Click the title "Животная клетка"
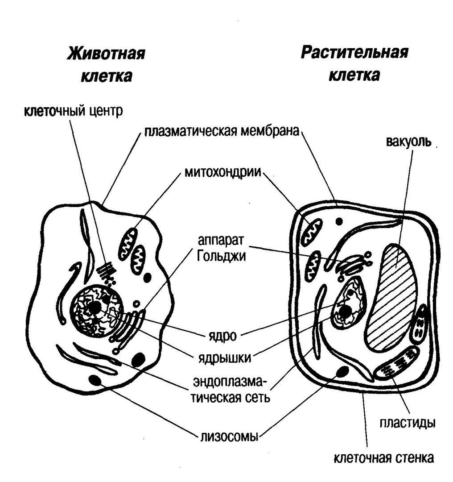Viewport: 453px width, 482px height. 107,65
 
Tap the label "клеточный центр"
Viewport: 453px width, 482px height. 72,111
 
